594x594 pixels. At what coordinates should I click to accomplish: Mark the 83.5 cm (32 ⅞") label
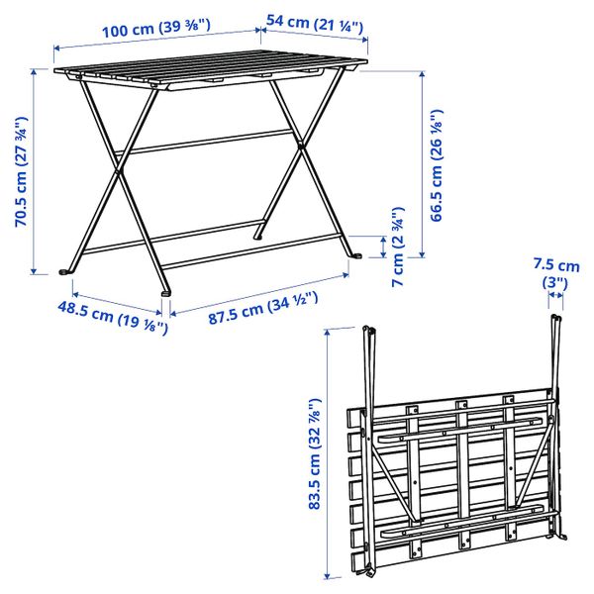[315, 452]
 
